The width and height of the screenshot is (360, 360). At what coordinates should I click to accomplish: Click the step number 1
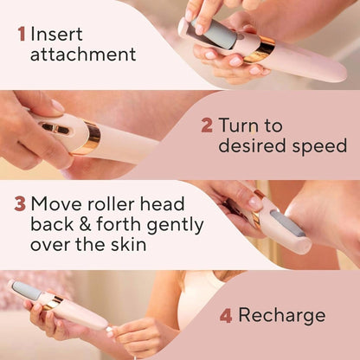(x=21, y=34)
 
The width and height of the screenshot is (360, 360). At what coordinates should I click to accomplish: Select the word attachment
(x=83, y=55)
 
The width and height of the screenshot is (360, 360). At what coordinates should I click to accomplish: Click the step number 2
(x=207, y=125)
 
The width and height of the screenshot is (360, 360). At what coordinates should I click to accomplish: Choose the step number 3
(x=20, y=205)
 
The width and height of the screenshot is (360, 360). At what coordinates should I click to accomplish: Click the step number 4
(x=226, y=315)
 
